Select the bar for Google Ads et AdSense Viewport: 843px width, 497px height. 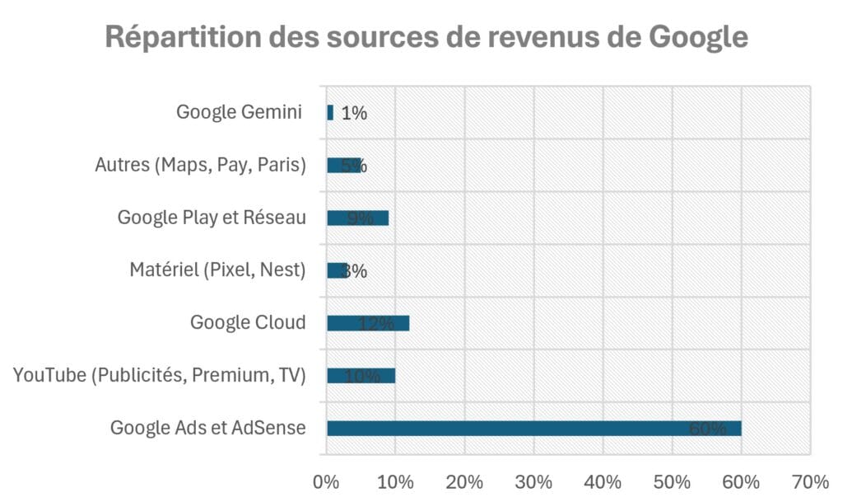(533, 428)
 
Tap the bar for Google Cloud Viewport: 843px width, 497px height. (367, 323)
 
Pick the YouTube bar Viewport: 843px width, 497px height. (361, 376)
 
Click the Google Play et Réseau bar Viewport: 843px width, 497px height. (357, 218)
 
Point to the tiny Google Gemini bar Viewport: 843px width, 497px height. (330, 113)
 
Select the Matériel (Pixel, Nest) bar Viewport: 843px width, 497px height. (337, 270)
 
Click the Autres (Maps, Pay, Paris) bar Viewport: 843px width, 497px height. (343, 165)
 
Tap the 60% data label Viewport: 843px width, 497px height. (708, 429)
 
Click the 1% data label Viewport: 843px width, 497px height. (354, 114)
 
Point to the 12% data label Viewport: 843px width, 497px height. (376, 324)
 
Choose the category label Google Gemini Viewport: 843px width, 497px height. (240, 113)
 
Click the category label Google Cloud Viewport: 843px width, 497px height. (248, 322)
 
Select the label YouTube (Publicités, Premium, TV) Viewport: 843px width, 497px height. (160, 376)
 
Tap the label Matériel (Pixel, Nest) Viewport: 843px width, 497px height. (217, 270)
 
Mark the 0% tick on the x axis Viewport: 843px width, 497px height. (327, 481)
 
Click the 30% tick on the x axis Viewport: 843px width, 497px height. (534, 481)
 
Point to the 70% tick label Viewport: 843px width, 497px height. (810, 481)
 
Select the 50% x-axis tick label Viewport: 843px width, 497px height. (673, 481)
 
